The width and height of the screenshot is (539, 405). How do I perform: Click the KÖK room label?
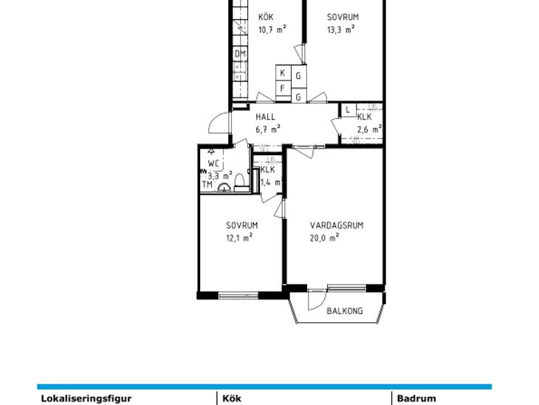click(266, 16)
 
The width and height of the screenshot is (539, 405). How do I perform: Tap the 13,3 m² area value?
click(340, 30)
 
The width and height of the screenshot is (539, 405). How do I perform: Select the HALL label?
click(265, 117)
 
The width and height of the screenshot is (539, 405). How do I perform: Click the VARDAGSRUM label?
click(337, 225)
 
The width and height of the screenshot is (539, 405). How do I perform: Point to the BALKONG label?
click(344, 311)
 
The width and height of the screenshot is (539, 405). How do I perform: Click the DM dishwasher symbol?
click(241, 54)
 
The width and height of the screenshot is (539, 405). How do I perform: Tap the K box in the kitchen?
click(284, 73)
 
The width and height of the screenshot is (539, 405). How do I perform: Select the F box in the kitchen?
click(284, 89)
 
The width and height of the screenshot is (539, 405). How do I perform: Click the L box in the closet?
click(349, 110)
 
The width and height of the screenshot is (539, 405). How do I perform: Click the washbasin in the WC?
click(224, 188)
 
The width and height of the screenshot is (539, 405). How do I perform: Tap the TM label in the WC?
click(207, 185)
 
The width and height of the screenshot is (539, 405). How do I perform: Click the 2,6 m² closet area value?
click(369, 130)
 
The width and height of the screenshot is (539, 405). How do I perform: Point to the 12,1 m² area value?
click(239, 238)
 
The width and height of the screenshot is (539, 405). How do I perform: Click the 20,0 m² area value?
click(324, 238)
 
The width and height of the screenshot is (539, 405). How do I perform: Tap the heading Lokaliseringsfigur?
click(86, 399)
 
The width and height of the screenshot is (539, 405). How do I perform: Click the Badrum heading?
click(416, 398)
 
